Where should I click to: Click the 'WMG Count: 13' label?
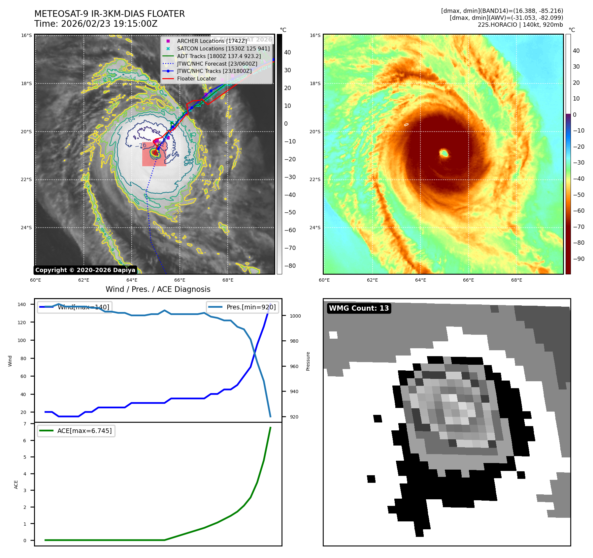359,308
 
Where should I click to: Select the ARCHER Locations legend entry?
212,41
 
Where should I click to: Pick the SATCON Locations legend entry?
223,48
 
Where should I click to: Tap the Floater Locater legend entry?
196,78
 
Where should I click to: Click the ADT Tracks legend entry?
219,56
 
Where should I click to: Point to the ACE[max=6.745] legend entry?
84,431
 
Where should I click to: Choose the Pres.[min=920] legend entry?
251,307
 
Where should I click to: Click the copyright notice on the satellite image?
85,270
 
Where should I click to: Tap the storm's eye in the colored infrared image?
444,153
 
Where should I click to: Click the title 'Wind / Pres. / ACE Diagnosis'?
158,289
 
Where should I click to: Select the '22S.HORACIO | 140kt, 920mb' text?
520,25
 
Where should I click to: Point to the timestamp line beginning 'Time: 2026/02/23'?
96,24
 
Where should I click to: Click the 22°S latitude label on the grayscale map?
26,179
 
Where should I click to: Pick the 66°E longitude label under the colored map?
468,280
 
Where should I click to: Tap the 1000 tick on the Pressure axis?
295,316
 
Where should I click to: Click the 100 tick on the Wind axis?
22,340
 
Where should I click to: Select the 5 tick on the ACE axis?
25,457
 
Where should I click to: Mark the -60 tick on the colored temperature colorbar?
578,211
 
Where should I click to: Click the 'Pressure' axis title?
308,361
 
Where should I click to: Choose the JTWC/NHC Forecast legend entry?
217,64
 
